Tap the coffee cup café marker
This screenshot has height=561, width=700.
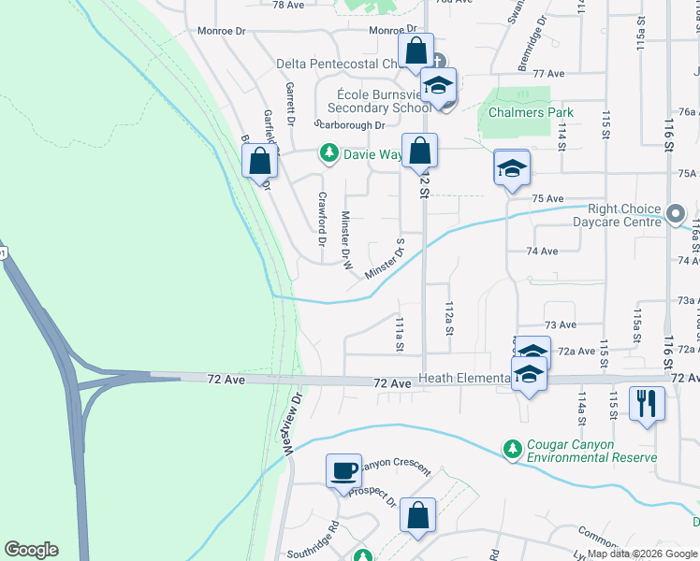(343, 469)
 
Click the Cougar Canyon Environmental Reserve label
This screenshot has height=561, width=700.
(591, 451)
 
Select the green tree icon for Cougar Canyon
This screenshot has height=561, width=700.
(512, 450)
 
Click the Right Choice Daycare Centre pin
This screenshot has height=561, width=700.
(677, 215)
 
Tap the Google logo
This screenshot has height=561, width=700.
(31, 550)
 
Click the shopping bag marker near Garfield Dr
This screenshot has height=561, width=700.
(260, 160)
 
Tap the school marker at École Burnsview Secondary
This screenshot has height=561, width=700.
(437, 85)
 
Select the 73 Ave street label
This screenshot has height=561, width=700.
(560, 324)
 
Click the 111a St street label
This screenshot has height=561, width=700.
(399, 333)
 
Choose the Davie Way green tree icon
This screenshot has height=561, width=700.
(328, 152)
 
